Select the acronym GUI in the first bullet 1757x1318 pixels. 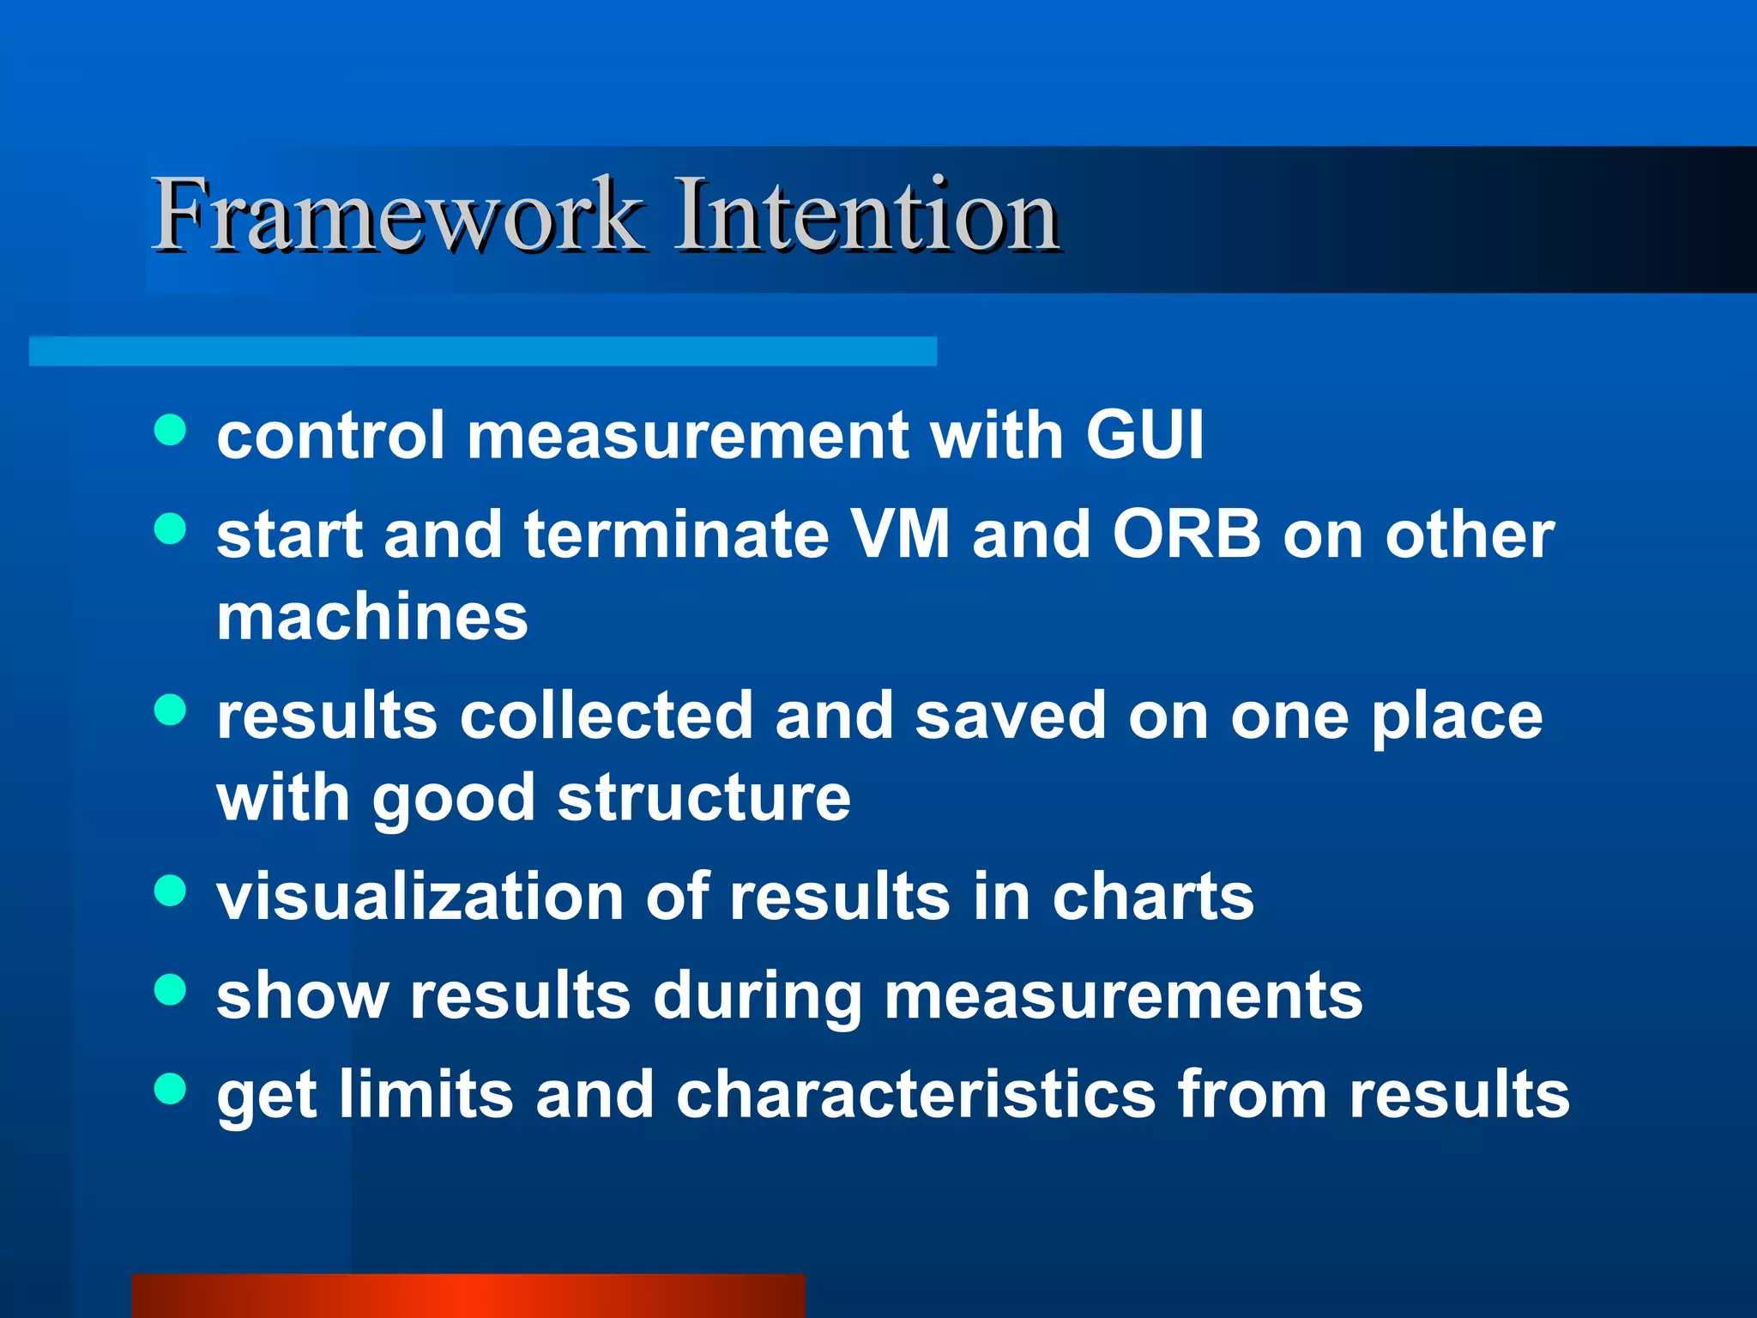(1144, 434)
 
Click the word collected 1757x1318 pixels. (607, 716)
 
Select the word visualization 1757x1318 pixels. (420, 897)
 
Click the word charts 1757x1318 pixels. (1153, 897)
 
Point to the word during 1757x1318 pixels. (757, 996)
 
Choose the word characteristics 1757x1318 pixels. (915, 1095)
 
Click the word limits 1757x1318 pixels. (426, 1095)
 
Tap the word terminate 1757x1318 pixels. (677, 534)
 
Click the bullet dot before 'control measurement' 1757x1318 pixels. (171, 430)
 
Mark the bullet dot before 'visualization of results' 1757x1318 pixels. (171, 891)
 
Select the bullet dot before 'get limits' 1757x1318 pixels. (171, 1088)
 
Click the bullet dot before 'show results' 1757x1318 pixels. (171, 989)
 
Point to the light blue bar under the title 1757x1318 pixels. (483, 352)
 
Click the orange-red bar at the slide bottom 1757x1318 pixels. (468, 1296)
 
